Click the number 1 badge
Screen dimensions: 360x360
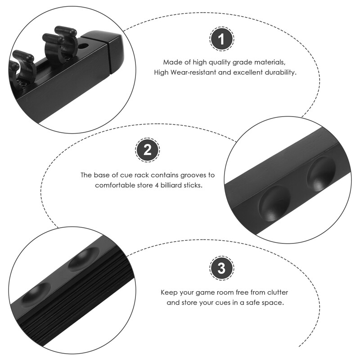click(221, 39)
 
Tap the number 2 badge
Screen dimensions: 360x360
click(148, 150)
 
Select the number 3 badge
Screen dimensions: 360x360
click(221, 268)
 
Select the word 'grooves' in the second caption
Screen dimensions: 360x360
click(193, 175)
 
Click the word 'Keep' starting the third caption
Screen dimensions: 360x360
click(169, 293)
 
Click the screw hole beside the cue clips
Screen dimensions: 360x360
click(83, 46)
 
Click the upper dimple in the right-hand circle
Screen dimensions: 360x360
click(321, 174)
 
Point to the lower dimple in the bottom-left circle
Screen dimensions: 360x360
click(36, 294)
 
